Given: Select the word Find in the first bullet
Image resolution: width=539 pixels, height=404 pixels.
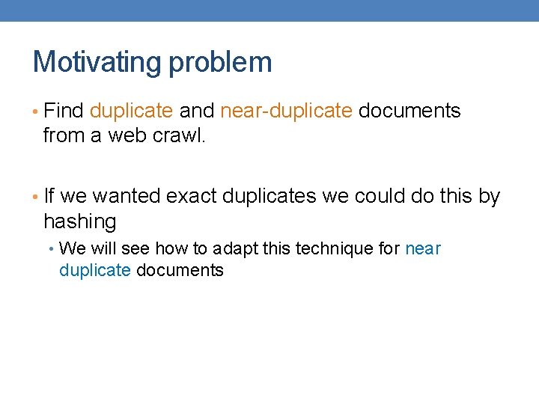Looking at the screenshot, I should tap(64, 111).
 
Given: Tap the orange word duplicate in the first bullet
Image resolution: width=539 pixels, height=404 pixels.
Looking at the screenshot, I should tap(132, 111).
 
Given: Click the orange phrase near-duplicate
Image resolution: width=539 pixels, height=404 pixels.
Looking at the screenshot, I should tap(286, 111).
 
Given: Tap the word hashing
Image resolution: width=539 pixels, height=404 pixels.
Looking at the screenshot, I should tap(80, 221).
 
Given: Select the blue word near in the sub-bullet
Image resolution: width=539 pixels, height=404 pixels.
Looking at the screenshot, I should tap(423, 248).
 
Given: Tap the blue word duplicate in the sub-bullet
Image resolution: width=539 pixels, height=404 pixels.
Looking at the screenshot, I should tap(95, 270).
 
